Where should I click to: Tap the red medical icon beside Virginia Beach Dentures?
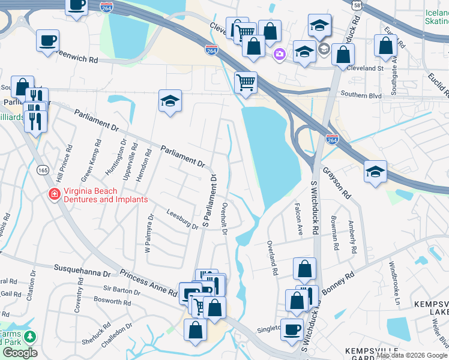pyautogui.click(x=53, y=194)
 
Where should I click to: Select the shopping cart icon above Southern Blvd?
pyautogui.click(x=246, y=82)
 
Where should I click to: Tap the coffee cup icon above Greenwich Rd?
pyautogui.click(x=48, y=41)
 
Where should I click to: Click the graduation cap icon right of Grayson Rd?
pyautogui.click(x=375, y=172)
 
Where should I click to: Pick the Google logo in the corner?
pyautogui.click(x=19, y=353)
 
